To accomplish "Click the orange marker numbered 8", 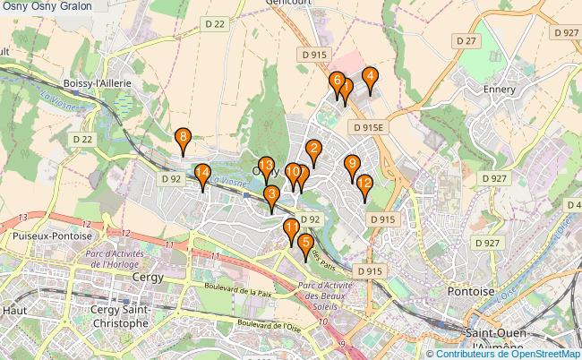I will [x=183, y=138].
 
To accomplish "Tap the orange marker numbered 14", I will [x=202, y=174].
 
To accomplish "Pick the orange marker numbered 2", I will [x=313, y=149].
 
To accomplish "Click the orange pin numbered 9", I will [x=352, y=164].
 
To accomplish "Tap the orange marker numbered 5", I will [x=306, y=243].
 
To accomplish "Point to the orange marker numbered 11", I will [x=291, y=228].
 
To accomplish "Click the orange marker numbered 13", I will [x=266, y=166].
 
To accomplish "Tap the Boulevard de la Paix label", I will [x=238, y=290].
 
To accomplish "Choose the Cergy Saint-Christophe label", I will [x=120, y=316].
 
